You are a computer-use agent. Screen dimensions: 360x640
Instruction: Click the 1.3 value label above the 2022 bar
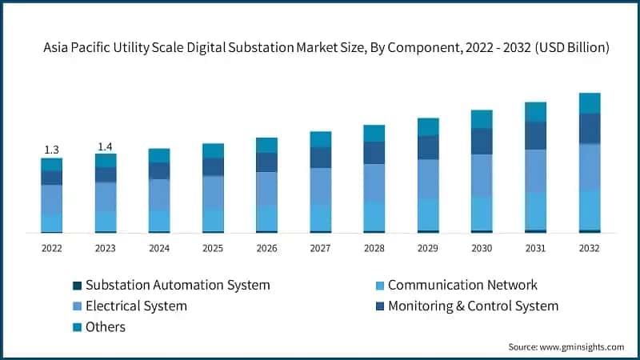51,150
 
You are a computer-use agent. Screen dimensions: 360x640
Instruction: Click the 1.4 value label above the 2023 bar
105,146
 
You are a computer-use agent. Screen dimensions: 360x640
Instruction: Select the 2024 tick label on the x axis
159,249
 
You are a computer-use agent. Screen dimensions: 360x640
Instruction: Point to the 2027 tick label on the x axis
321,249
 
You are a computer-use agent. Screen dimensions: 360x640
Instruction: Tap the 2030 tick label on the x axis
482,249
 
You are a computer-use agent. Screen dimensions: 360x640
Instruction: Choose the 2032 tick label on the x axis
590,249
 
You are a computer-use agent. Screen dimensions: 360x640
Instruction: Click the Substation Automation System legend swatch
77,286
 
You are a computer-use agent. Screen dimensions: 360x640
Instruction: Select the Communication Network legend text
462,285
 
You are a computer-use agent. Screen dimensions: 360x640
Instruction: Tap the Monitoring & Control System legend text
473,306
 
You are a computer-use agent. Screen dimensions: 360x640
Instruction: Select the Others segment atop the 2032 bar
590,102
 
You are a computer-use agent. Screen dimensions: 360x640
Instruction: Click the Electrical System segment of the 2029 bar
428,178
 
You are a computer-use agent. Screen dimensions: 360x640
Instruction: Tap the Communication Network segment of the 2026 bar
266,218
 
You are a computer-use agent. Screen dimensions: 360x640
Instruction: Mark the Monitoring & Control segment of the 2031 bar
535,135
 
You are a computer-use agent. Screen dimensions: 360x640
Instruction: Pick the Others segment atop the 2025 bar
213,150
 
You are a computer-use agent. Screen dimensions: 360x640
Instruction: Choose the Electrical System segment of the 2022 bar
51,199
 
